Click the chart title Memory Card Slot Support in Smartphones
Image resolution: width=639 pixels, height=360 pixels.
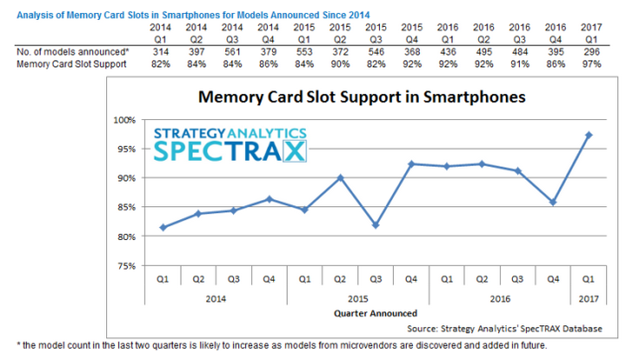362,97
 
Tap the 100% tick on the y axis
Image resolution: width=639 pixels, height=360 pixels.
124,120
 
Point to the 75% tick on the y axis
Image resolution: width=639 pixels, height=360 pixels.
124,266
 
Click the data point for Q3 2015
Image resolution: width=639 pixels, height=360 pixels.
375,225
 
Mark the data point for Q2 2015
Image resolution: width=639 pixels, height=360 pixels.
340,177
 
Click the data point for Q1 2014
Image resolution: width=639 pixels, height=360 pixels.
163,227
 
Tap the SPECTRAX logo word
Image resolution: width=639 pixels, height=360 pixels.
231,151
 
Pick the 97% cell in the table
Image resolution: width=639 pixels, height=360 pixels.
592,63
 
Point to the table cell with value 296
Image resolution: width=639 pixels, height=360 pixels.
592,51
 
